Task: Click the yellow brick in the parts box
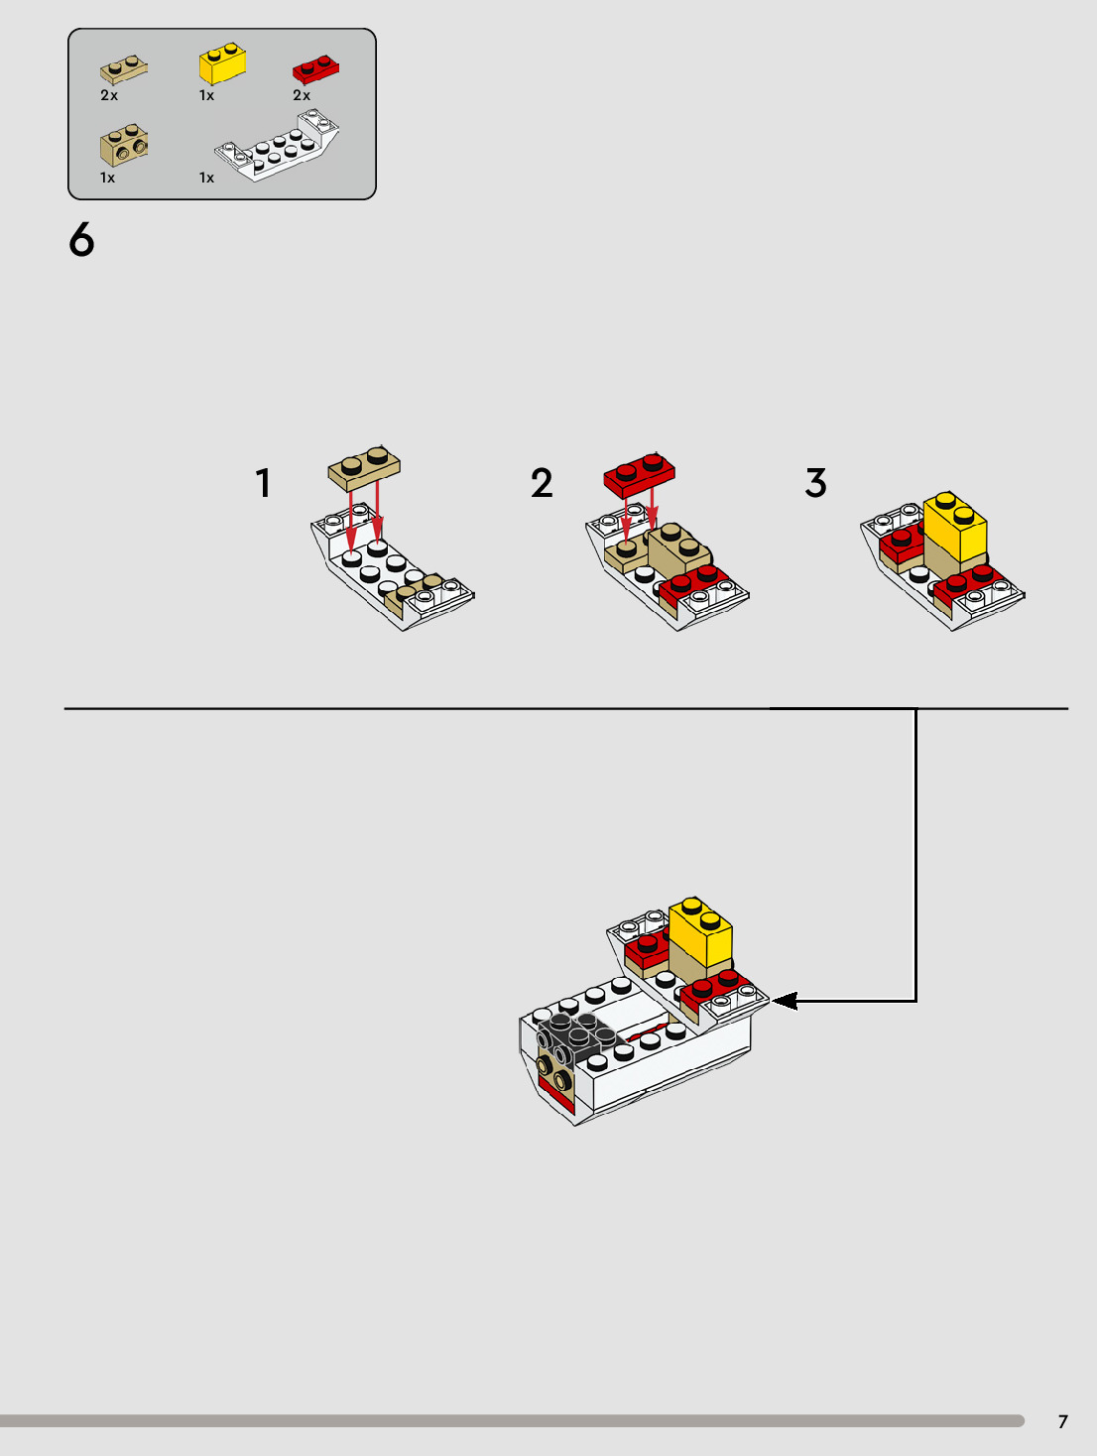(x=223, y=63)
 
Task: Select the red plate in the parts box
(x=315, y=69)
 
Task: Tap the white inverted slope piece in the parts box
(x=278, y=145)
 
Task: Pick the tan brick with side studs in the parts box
(x=124, y=145)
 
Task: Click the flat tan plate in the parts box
(x=124, y=69)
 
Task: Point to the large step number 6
(x=81, y=239)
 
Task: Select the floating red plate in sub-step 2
(x=640, y=475)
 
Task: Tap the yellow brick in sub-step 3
(x=955, y=526)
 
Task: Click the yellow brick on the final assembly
(x=700, y=931)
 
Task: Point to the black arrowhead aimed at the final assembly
(x=785, y=1001)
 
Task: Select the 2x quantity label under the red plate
(x=302, y=95)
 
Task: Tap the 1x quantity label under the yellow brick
(x=207, y=95)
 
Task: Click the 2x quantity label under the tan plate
(x=109, y=95)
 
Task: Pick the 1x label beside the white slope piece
(x=207, y=178)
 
